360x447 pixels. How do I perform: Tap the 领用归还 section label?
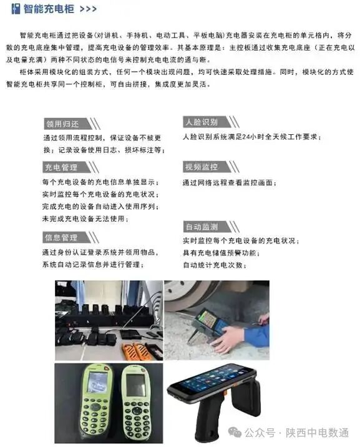(61, 124)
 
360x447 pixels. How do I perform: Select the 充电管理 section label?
(61, 167)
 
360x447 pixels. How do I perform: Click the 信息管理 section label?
(61, 238)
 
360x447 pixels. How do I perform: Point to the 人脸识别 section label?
(200, 122)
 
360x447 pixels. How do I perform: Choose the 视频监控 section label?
(200, 167)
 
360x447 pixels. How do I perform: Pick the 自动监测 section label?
(200, 227)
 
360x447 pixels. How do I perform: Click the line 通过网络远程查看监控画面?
(229, 183)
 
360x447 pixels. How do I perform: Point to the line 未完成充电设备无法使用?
(85, 219)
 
